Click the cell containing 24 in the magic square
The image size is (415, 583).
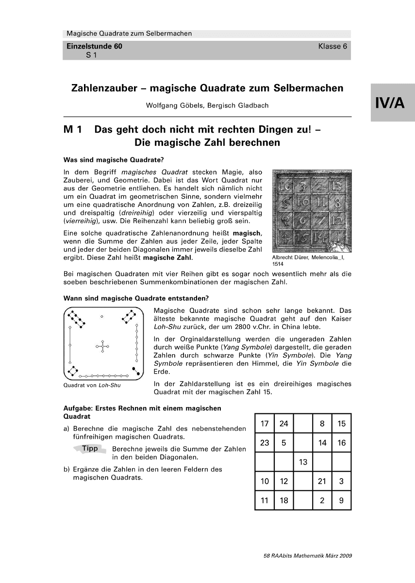[283, 424]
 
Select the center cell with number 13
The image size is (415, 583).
[303, 462]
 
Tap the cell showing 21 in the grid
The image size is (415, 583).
[322, 481]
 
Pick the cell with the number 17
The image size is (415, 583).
[265, 424]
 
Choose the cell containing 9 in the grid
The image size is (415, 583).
[341, 500]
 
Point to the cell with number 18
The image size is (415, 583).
[283, 500]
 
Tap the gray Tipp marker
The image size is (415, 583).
[90, 448]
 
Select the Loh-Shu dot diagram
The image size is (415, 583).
[103, 343]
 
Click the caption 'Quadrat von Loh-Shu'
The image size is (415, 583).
[92, 386]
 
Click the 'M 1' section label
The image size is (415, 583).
[75, 130]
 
